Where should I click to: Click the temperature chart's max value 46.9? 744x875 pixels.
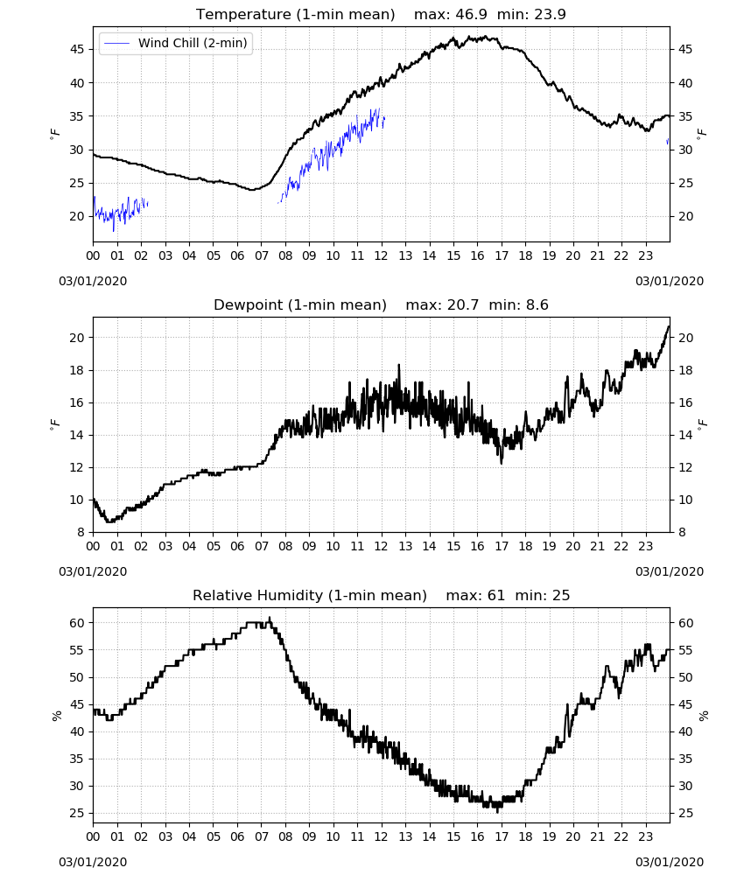pyautogui.click(x=471, y=14)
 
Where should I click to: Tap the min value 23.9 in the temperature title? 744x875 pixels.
pyautogui.click(x=551, y=14)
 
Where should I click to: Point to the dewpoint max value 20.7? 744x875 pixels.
pyautogui.click(x=463, y=304)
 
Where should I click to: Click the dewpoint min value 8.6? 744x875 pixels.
pyautogui.click(x=537, y=304)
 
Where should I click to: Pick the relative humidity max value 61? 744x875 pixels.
pyautogui.click(x=496, y=595)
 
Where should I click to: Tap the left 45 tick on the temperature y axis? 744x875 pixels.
pyautogui.click(x=77, y=50)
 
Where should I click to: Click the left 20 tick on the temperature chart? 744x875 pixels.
pyautogui.click(x=77, y=216)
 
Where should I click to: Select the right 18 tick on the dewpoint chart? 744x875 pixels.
pyautogui.click(x=685, y=370)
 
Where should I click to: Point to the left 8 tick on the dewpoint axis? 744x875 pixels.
pyautogui.click(x=81, y=532)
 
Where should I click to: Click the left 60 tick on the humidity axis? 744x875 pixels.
pyautogui.click(x=77, y=623)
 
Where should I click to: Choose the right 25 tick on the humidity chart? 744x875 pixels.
pyautogui.click(x=685, y=813)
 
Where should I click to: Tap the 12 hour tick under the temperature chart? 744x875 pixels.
pyautogui.click(x=382, y=255)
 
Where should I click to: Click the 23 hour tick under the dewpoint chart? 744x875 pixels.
pyautogui.click(x=646, y=546)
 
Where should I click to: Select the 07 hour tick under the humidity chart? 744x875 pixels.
pyautogui.click(x=261, y=836)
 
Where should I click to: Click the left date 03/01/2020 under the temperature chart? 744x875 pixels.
pyautogui.click(x=93, y=281)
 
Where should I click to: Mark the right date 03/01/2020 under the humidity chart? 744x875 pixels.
pyautogui.click(x=670, y=862)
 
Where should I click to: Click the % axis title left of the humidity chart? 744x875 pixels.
pyautogui.click(x=56, y=716)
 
